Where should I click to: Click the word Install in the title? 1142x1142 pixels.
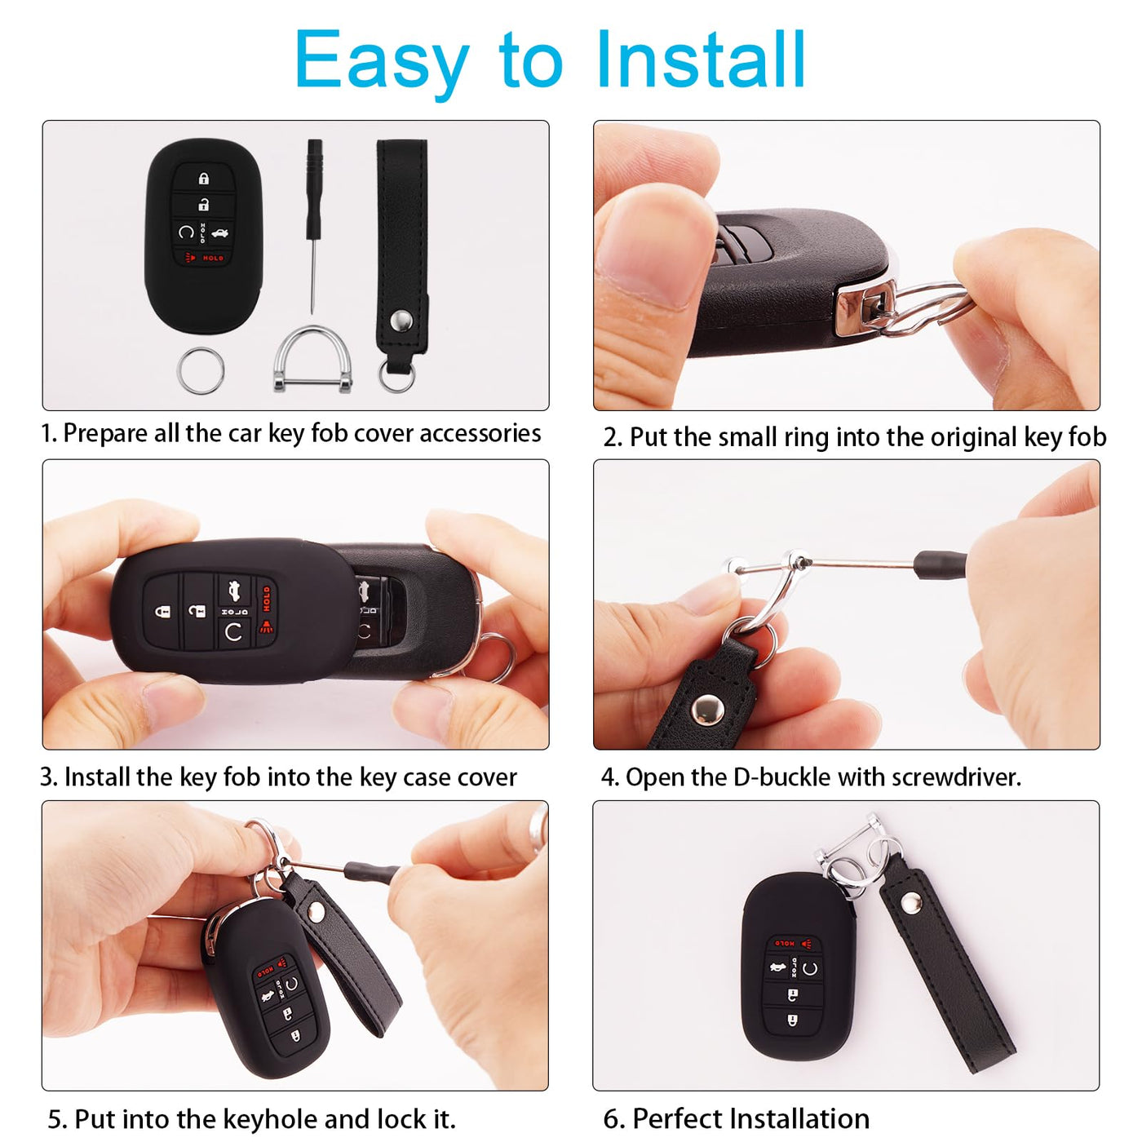click(x=701, y=60)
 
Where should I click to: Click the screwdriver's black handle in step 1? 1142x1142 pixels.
click(x=314, y=188)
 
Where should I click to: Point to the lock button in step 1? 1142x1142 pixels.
click(x=203, y=178)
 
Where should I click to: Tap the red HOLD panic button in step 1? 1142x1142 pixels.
click(x=204, y=258)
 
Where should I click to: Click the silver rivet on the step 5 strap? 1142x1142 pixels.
click(x=316, y=914)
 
